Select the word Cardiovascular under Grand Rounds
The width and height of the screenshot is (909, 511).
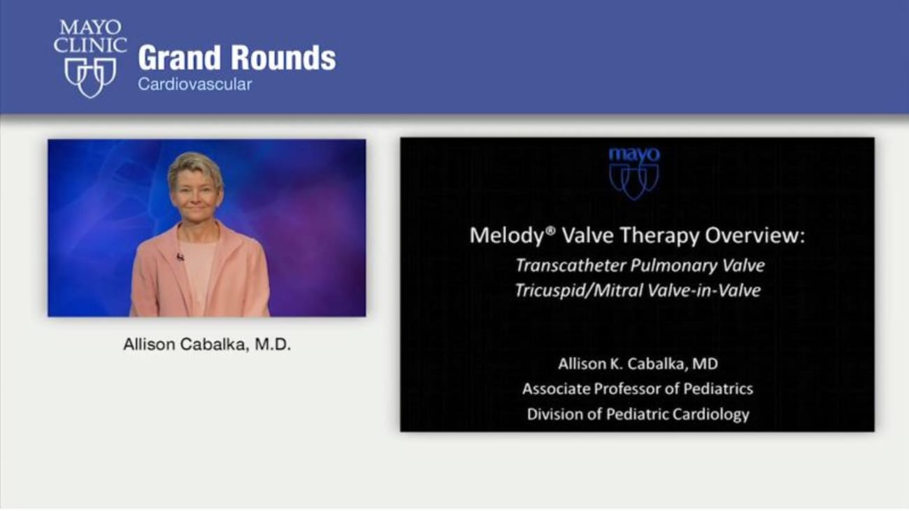194,85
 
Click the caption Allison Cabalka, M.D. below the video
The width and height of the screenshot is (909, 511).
206,345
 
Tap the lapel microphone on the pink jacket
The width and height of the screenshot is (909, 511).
180,257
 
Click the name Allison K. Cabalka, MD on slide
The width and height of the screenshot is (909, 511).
638,364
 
